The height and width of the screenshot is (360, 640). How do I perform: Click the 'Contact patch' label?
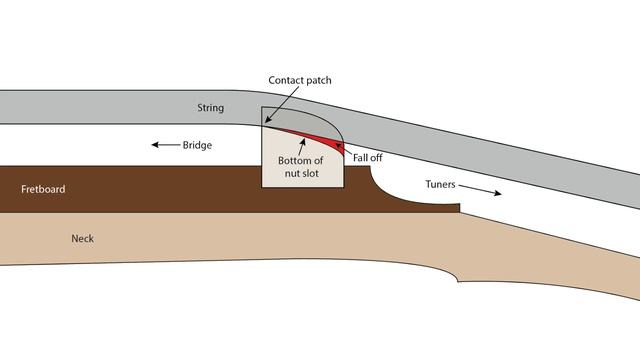point(300,80)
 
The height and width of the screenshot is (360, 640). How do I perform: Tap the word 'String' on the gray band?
point(211,108)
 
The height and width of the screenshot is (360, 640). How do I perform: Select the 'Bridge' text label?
point(197,145)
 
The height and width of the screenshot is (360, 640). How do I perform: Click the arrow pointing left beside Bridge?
point(166,144)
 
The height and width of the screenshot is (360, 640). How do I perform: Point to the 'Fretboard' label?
point(43,189)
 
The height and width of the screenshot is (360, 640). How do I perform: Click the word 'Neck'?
point(82,238)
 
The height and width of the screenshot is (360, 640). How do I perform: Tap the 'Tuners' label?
point(440,184)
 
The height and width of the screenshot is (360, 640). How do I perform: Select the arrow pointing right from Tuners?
point(480,190)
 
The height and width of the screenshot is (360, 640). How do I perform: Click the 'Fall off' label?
point(367,158)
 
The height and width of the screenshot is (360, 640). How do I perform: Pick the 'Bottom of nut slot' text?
point(301,167)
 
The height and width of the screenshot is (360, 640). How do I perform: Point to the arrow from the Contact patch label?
point(282,104)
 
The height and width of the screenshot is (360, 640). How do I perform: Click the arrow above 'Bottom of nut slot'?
point(302,147)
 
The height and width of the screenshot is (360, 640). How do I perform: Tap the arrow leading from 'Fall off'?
point(343,148)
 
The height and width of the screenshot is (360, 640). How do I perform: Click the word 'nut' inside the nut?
point(291,173)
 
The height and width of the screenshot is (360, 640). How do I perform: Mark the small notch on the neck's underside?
point(457,280)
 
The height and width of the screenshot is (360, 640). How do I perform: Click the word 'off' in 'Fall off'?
point(376,158)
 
